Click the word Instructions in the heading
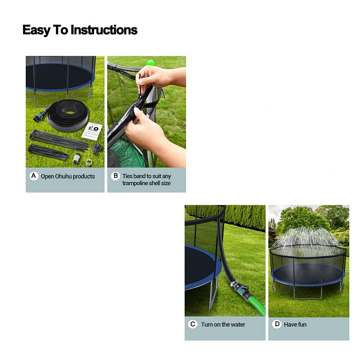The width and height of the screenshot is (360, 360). coord(104,30)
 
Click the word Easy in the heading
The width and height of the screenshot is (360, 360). coord(36,31)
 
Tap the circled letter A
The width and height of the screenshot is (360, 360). coord(34,176)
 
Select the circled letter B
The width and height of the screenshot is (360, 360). coord(116,176)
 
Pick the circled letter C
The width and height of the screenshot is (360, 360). coord(193,324)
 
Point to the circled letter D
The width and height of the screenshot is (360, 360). coord(277,324)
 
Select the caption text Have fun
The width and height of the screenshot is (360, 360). coord(295,324)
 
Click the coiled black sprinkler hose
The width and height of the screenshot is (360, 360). coord(68,115)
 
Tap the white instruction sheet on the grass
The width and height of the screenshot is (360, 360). coord(93,130)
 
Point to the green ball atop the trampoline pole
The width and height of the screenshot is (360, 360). coord(150,63)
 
